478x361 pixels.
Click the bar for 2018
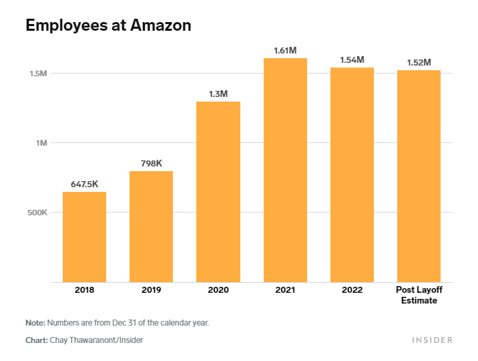[x=84, y=237]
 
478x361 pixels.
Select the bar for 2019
[x=151, y=227]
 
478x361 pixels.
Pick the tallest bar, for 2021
[x=285, y=170]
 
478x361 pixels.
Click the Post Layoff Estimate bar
[x=419, y=176]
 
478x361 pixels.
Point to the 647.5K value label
[x=84, y=184]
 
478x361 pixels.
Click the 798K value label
[x=151, y=163]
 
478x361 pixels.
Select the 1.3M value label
[x=218, y=94]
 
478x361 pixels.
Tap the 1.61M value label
[x=285, y=50]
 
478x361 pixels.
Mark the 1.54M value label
[x=352, y=59]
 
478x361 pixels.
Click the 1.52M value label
[x=419, y=62]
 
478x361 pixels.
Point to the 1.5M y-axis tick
[x=37, y=73]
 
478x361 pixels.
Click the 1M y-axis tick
[x=41, y=143]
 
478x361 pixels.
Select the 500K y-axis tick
[x=35, y=213]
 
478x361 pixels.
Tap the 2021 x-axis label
[x=285, y=290]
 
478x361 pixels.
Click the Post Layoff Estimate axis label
[x=419, y=295]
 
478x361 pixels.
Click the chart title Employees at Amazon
[x=108, y=25]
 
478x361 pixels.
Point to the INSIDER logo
[x=432, y=340]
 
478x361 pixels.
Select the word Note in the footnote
[x=35, y=323]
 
